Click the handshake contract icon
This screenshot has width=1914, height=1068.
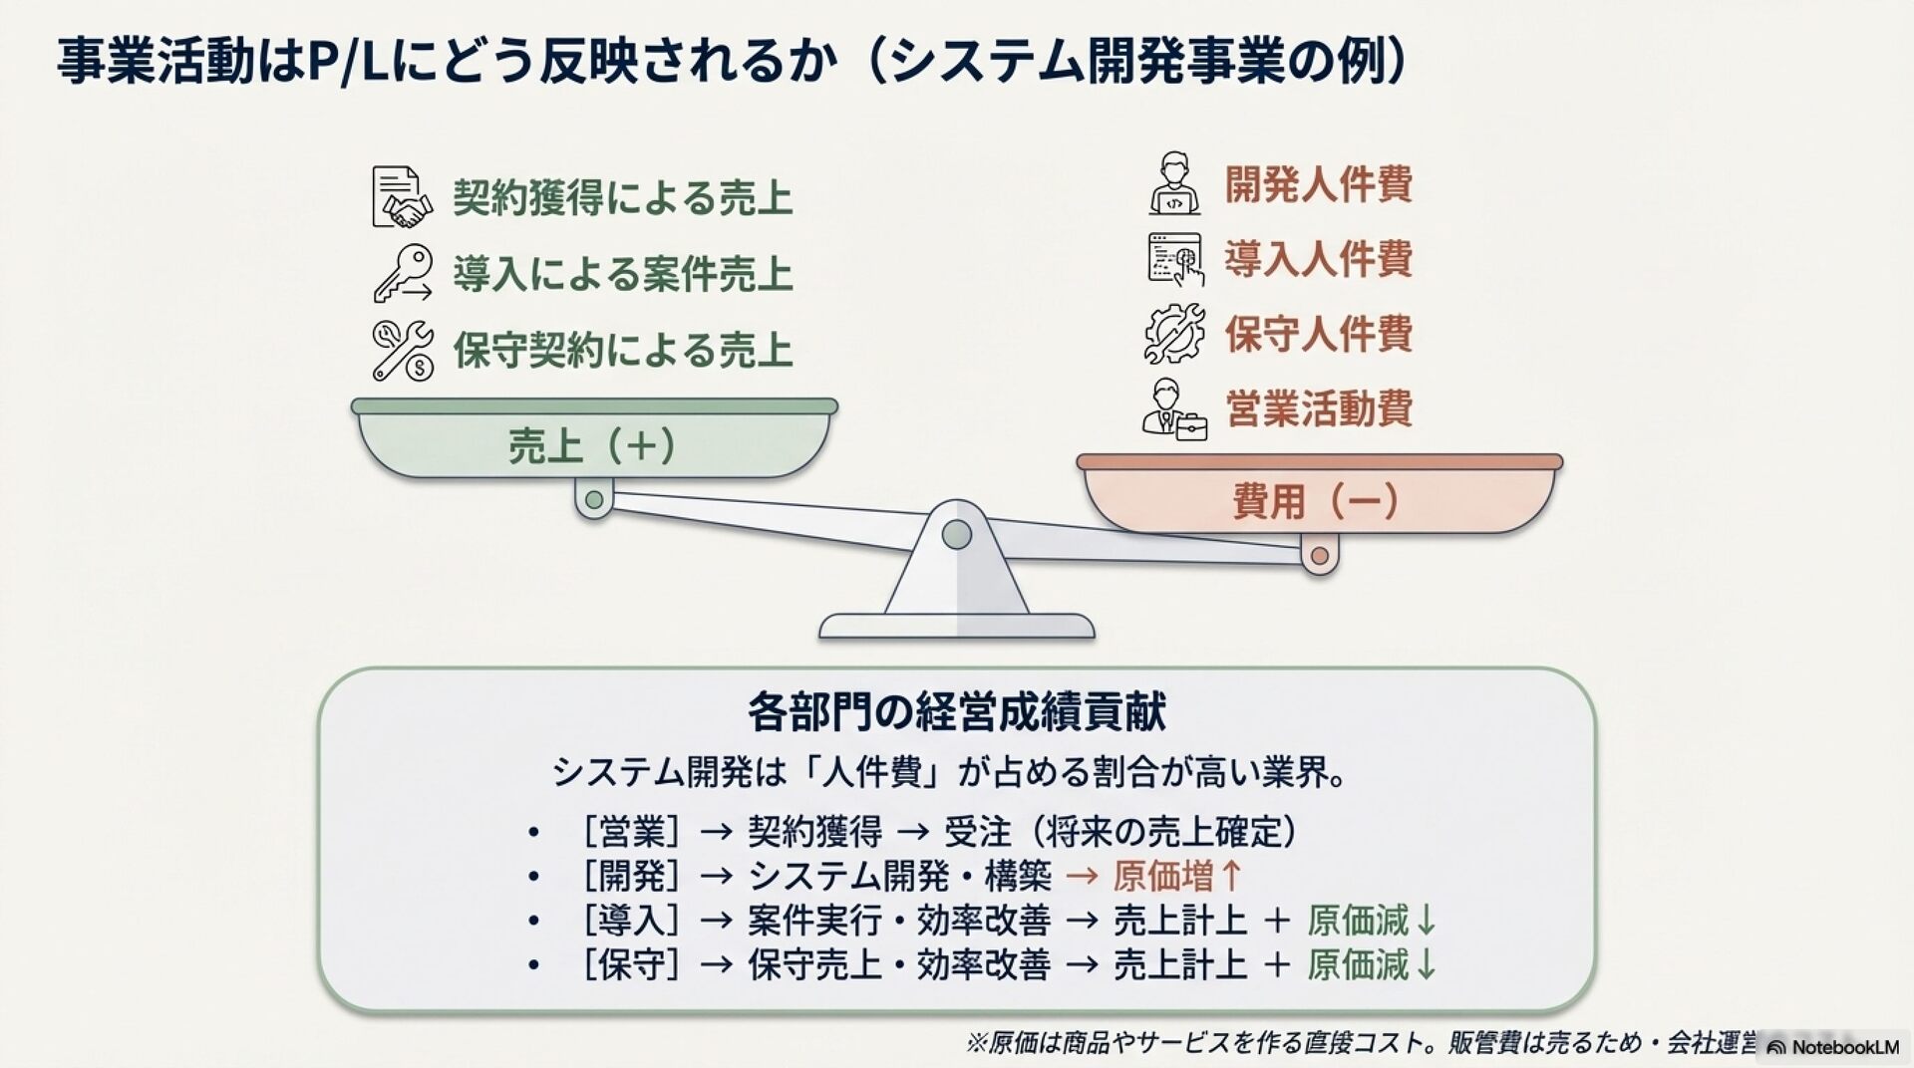point(402,197)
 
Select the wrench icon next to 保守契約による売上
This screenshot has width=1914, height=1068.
point(402,350)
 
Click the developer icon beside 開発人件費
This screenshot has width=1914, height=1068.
point(1174,184)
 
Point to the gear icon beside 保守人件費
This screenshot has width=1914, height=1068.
point(1173,333)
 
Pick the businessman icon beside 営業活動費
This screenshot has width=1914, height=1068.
point(1174,408)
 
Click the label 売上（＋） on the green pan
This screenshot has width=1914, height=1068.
point(593,445)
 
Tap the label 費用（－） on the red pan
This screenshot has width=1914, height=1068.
point(1317,499)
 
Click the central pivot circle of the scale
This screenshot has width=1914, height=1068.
point(957,535)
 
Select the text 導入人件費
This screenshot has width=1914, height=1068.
point(1318,259)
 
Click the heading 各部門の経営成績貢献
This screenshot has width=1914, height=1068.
point(956,711)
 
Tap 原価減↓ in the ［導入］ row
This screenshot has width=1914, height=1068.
point(1372,921)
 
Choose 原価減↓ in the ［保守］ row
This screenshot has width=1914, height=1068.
point(1372,964)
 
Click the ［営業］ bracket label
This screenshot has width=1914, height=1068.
point(632,831)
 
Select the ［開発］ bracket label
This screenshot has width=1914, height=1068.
point(632,876)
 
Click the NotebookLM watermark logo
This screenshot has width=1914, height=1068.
point(1832,1046)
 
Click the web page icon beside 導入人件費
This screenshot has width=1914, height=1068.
point(1174,259)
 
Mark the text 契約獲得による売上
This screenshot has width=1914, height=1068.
point(623,197)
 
